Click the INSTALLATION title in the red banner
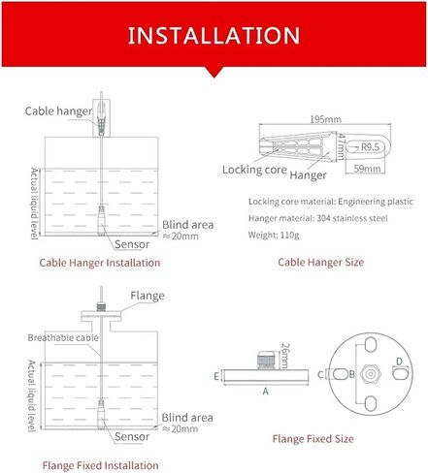214,35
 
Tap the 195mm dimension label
325,119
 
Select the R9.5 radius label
370,147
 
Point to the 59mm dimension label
367,169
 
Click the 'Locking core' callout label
254,170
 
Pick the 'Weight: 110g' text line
274,235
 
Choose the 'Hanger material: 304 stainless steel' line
318,218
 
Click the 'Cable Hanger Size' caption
321,262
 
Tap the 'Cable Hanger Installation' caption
100,263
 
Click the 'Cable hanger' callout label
58,111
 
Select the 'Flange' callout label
148,296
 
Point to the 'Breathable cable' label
63,338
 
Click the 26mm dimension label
284,356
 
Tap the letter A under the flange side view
266,392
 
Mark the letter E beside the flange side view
216,376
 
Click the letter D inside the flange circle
399,362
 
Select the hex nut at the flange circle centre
371,374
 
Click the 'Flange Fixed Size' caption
313,439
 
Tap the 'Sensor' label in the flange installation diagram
132,437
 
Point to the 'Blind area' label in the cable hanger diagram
187,225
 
